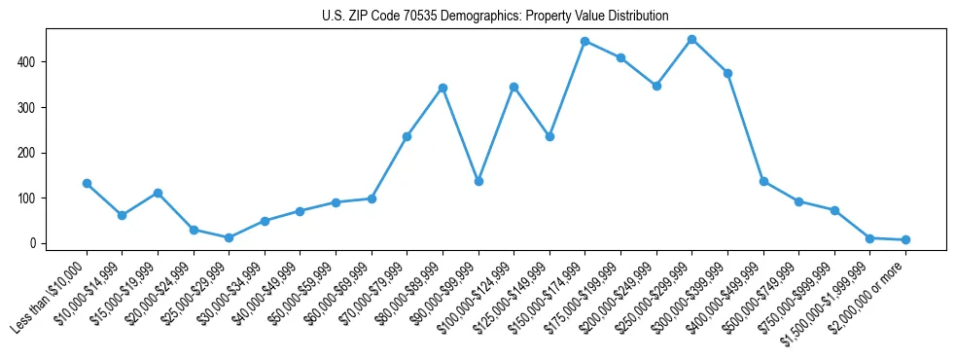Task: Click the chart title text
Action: click(x=495, y=17)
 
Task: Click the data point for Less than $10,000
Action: click(x=87, y=183)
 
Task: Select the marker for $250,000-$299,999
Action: click(x=691, y=40)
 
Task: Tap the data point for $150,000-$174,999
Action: click(x=584, y=41)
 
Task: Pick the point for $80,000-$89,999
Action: click(x=443, y=88)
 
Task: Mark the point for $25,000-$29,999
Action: click(x=229, y=237)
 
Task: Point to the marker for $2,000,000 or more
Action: click(x=905, y=239)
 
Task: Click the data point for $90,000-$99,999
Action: click(x=478, y=181)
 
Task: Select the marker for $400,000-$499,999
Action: click(x=763, y=181)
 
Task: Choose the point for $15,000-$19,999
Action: click(x=158, y=193)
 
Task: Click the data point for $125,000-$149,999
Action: click(x=549, y=136)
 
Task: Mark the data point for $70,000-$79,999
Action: click(x=407, y=136)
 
